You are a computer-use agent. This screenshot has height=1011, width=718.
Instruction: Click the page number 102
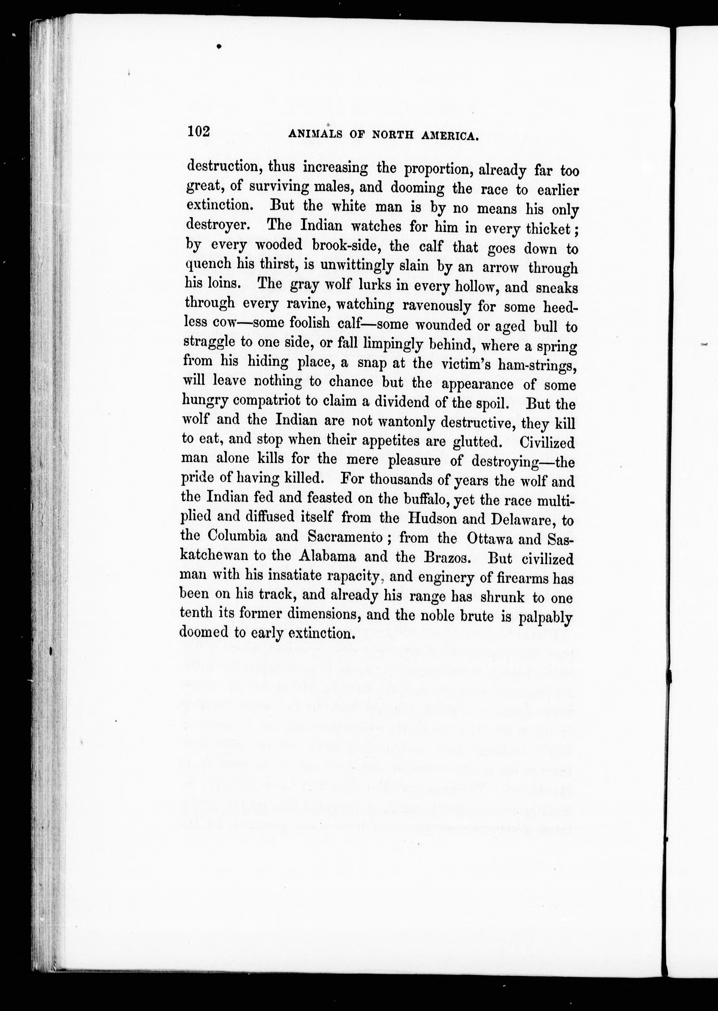[x=198, y=132]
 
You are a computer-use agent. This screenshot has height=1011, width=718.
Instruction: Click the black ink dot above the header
[x=219, y=46]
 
